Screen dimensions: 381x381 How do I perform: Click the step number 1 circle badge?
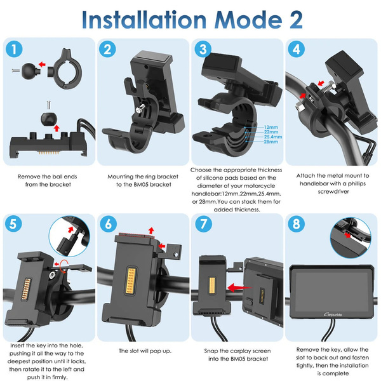(14, 49)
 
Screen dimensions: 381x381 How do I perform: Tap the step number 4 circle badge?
(296, 49)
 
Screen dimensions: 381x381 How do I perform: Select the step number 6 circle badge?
(109, 224)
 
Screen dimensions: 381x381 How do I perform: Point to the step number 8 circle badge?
(296, 224)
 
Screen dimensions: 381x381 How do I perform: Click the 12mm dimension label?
(271, 127)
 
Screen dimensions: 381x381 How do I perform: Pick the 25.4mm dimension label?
(273, 137)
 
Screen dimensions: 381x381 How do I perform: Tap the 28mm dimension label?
(271, 142)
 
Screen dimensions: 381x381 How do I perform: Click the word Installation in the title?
(144, 20)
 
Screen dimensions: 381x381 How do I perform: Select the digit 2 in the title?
(296, 20)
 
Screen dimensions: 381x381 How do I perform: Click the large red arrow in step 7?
(239, 288)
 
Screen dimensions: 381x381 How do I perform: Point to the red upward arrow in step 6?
(151, 231)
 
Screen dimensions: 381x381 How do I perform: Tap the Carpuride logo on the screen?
(333, 314)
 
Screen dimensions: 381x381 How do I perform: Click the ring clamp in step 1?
(66, 69)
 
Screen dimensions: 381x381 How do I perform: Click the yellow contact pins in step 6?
(131, 281)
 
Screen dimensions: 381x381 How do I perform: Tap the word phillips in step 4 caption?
(357, 184)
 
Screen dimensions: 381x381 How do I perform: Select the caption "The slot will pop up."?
(145, 351)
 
